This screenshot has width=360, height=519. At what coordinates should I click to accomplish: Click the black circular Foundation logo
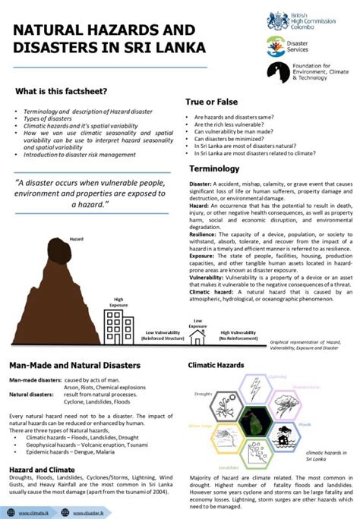click(x=276, y=72)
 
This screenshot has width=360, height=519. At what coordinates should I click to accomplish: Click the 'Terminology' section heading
click(x=214, y=168)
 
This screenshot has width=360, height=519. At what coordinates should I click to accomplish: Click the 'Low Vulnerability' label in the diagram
click(x=164, y=312)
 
